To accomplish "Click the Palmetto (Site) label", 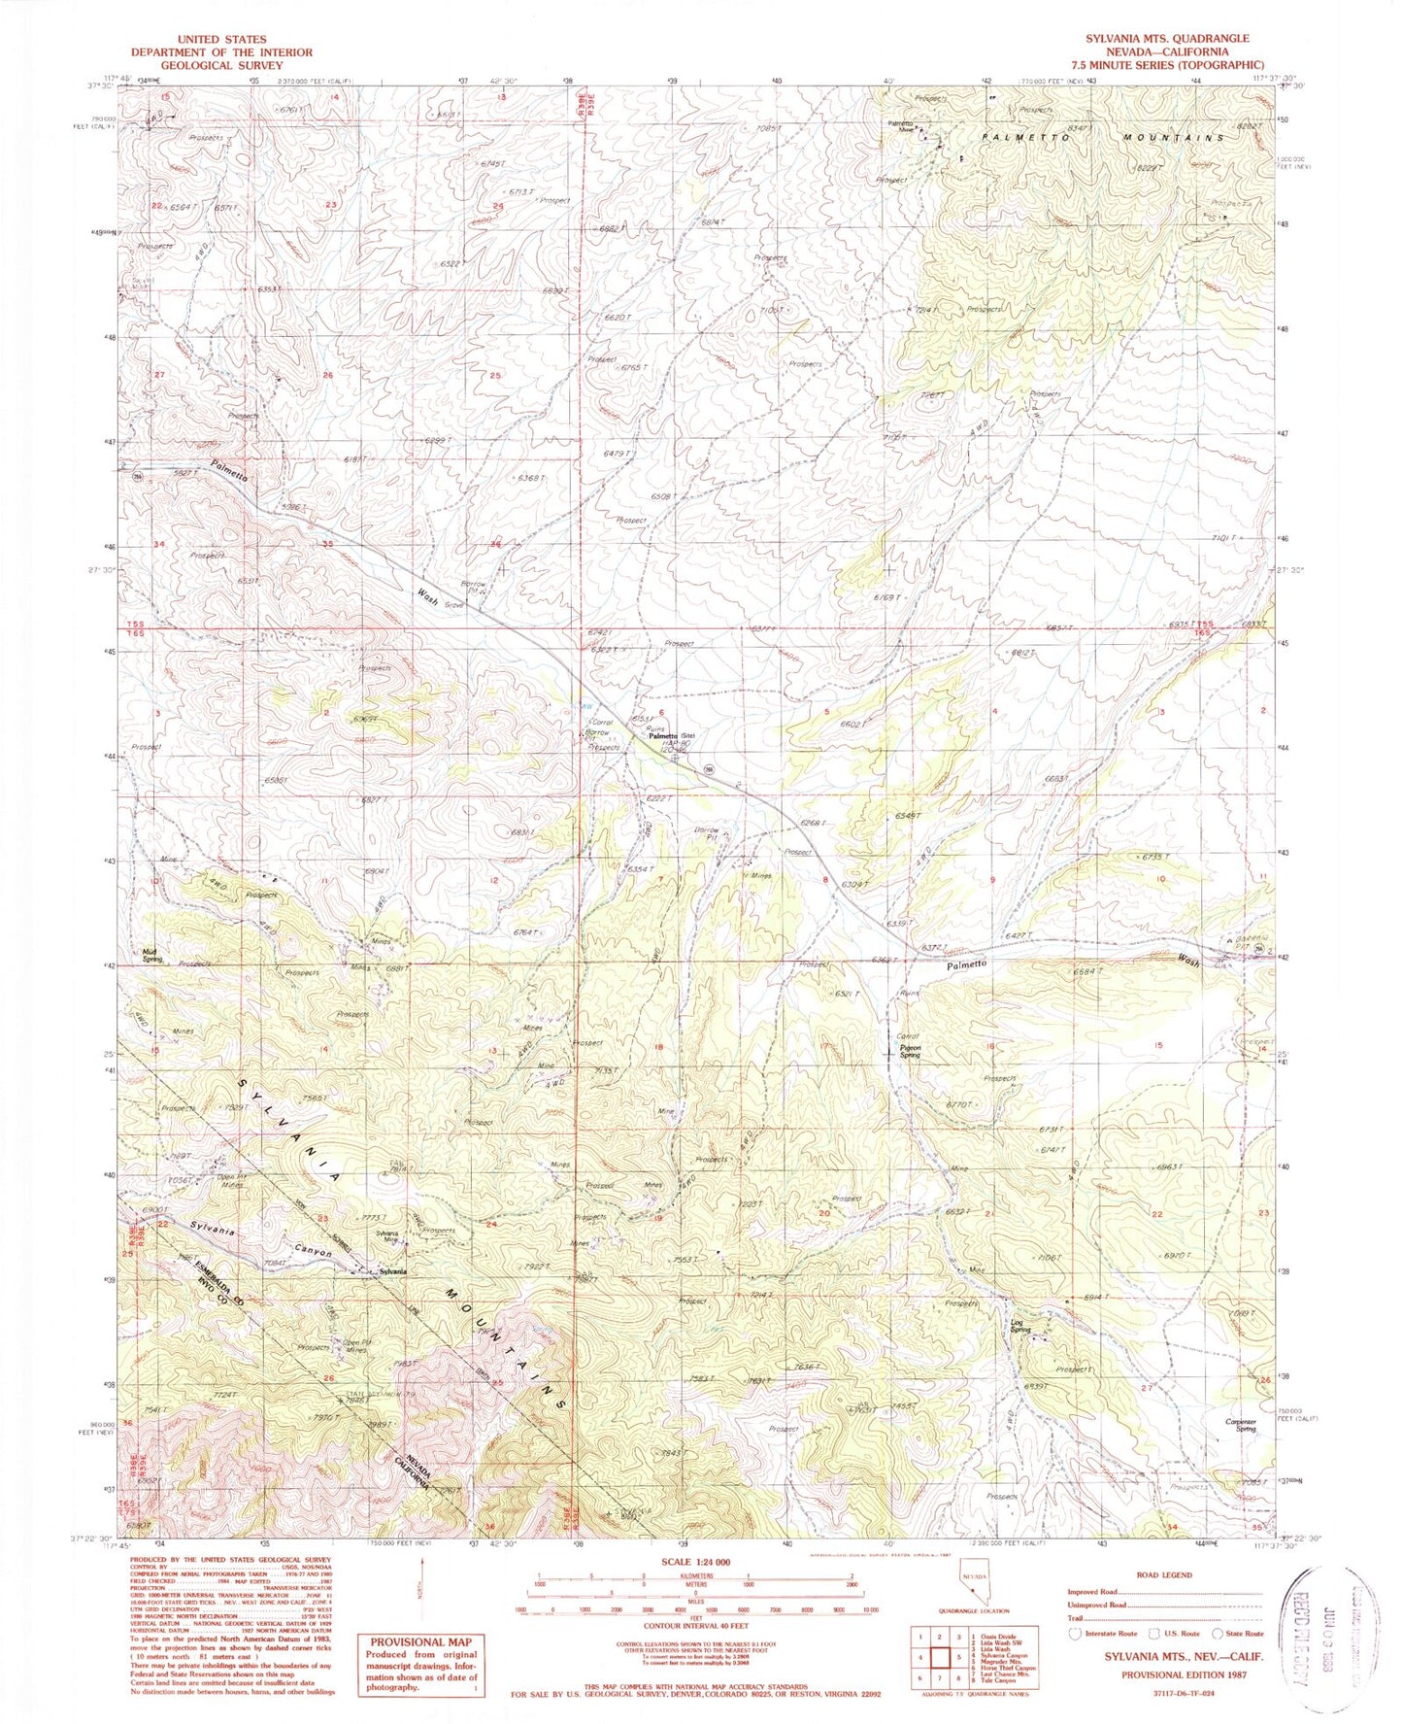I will tap(673, 735).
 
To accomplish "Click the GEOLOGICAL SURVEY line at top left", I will tap(222, 65).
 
